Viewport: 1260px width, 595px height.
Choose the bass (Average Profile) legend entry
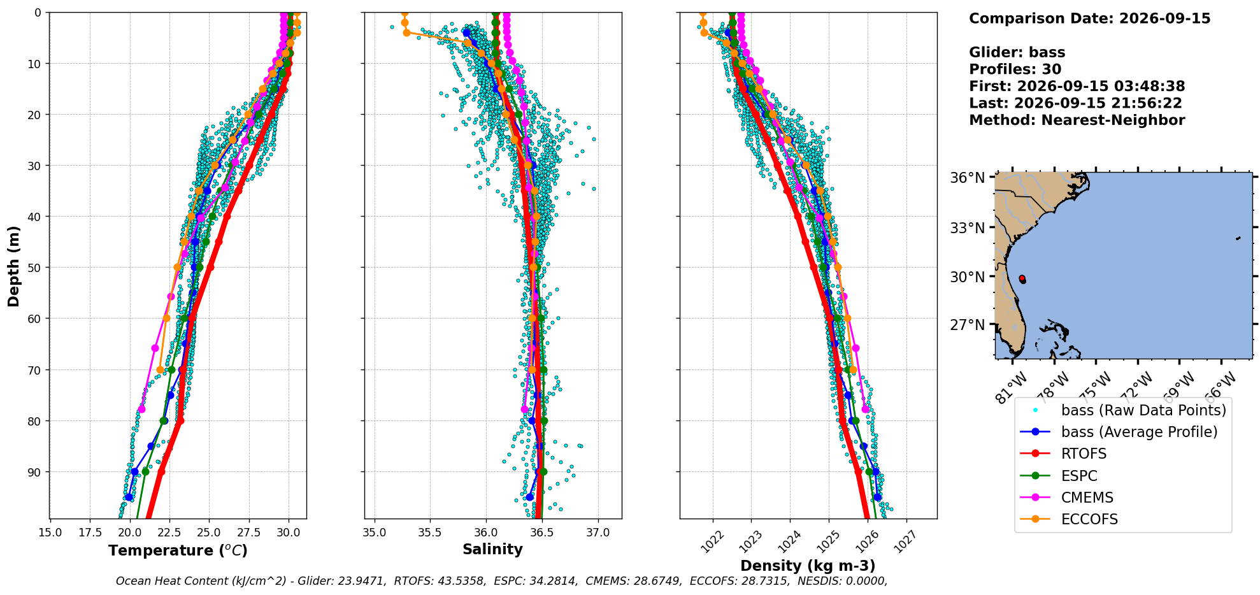coord(1119,432)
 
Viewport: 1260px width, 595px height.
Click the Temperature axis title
coord(178,550)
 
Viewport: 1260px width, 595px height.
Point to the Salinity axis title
coord(492,549)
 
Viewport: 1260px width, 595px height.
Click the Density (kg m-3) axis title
coord(808,566)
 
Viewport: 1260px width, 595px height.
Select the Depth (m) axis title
coord(13,266)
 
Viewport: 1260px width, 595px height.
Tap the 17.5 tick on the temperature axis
coord(90,533)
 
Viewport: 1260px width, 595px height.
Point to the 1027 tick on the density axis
coord(906,542)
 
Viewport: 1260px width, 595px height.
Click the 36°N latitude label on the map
coord(968,178)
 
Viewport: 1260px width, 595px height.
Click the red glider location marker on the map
coord(1022,279)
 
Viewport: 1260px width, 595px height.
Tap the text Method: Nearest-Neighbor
coord(1077,120)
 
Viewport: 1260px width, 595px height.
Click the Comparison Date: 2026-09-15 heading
coord(1090,18)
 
